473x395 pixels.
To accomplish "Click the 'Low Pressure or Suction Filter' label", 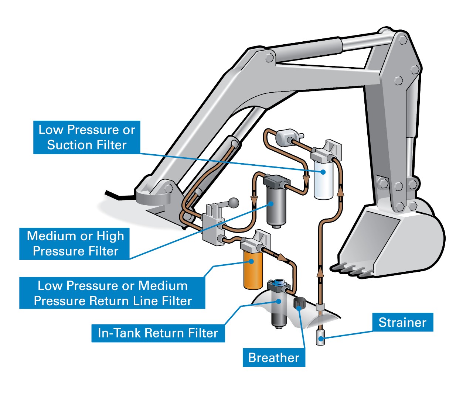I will click(87, 137).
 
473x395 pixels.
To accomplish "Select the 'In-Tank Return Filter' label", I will click(158, 333).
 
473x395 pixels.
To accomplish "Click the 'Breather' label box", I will click(274, 357).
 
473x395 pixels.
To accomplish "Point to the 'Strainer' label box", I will click(402, 322).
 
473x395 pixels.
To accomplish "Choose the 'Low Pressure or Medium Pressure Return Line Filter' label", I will click(112, 293).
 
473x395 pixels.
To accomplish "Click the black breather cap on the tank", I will click(299, 303).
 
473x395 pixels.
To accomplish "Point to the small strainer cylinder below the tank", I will click(320, 338).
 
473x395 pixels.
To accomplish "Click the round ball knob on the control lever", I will click(234, 203).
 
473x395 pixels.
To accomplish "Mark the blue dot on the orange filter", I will click(251, 261).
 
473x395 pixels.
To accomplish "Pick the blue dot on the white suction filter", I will click(323, 172).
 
